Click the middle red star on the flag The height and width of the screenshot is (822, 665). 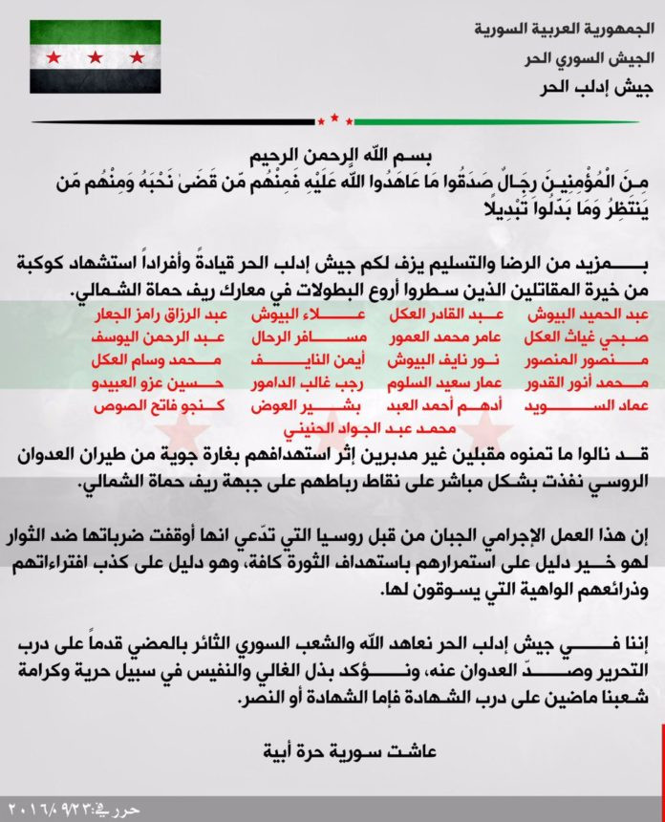95,57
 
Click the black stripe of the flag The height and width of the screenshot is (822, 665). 95,83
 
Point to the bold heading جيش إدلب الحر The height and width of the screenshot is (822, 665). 582,89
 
